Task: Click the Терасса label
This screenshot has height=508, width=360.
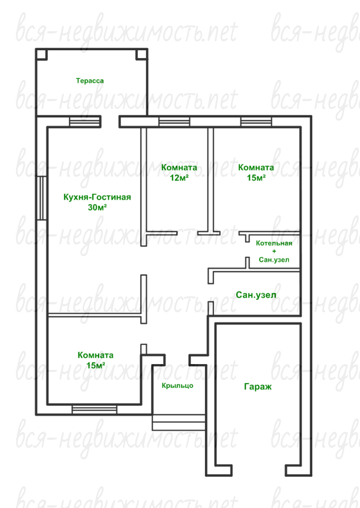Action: pos(90,80)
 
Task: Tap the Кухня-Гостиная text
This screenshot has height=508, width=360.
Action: pos(97,197)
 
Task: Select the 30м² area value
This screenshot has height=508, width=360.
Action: pos(97,207)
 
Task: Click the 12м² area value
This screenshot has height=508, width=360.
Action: pos(179,178)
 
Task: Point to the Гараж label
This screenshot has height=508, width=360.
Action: pos(258,386)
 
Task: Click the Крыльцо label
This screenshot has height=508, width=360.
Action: pos(177,386)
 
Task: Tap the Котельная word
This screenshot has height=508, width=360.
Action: pos(274,243)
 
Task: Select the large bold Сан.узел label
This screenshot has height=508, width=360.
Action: pos(256,295)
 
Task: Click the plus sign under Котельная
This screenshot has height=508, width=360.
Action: pos(274,251)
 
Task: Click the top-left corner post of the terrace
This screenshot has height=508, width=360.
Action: pos(41,54)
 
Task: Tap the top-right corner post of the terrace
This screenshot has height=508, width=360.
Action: pos(141,54)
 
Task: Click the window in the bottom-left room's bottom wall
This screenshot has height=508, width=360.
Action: pos(94,410)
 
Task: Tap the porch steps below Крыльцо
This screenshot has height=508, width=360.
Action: pos(178,422)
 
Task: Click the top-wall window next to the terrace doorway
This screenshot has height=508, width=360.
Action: pos(85,122)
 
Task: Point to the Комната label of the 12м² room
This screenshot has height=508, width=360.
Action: pos(179,168)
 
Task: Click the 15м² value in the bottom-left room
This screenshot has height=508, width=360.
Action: pos(96,366)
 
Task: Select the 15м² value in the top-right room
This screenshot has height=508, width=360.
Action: pos(256,178)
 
